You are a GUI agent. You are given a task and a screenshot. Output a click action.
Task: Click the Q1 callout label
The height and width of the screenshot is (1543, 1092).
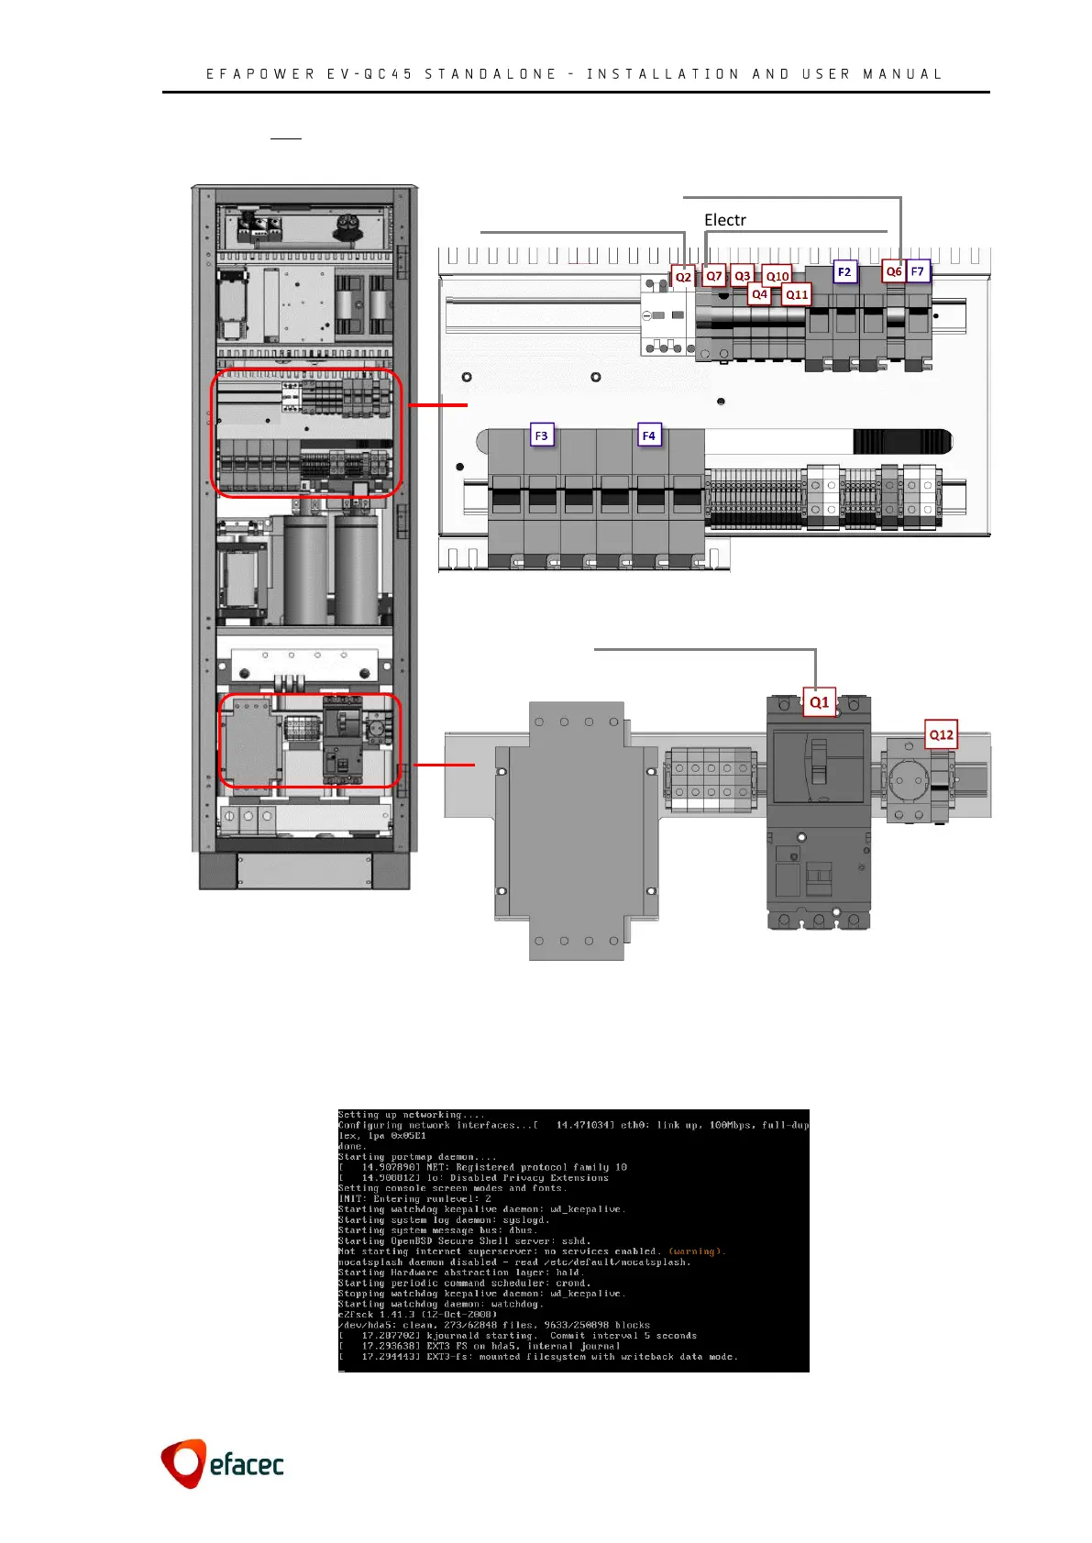pyautogui.click(x=819, y=702)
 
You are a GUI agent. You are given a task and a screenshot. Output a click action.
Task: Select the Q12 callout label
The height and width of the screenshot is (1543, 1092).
pyautogui.click(x=942, y=734)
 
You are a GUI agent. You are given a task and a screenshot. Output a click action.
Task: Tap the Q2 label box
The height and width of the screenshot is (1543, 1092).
pyautogui.click(x=683, y=277)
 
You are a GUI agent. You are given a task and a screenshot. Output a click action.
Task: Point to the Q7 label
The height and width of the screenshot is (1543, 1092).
pyautogui.click(x=713, y=276)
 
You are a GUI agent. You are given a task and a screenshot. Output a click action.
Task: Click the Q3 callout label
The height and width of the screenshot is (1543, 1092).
pyautogui.click(x=743, y=276)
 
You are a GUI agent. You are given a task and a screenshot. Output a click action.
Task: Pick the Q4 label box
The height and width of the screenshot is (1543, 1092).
pyautogui.click(x=759, y=294)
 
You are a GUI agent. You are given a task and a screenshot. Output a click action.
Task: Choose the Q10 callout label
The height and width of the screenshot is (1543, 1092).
pyautogui.click(x=778, y=276)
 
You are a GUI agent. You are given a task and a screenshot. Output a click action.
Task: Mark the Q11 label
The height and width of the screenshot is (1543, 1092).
pyautogui.click(x=797, y=294)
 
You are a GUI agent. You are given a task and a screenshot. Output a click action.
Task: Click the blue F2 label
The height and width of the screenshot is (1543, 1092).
pyautogui.click(x=844, y=271)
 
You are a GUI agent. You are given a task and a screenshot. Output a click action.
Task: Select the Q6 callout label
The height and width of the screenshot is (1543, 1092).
pyautogui.click(x=893, y=271)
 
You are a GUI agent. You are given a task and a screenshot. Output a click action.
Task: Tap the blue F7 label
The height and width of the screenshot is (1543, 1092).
pyautogui.click(x=918, y=271)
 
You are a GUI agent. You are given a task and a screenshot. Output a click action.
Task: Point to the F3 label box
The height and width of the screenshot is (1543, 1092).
pyautogui.click(x=542, y=435)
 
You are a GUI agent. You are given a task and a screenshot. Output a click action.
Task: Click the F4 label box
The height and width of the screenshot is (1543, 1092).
pyautogui.click(x=649, y=435)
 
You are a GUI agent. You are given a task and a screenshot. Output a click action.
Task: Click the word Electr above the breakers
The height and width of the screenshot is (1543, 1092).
pyautogui.click(x=724, y=220)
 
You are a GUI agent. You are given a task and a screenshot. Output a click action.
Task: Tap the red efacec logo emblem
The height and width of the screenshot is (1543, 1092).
pyautogui.click(x=182, y=1462)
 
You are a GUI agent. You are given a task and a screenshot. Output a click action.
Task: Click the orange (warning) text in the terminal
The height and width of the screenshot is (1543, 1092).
pyautogui.click(x=696, y=1251)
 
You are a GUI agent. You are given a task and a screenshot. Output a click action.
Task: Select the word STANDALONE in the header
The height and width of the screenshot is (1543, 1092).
pyautogui.click(x=491, y=74)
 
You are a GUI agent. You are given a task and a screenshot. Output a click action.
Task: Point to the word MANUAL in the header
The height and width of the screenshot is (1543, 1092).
pyautogui.click(x=902, y=74)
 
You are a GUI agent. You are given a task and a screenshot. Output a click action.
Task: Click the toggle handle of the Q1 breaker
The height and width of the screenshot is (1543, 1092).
pyautogui.click(x=817, y=757)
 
